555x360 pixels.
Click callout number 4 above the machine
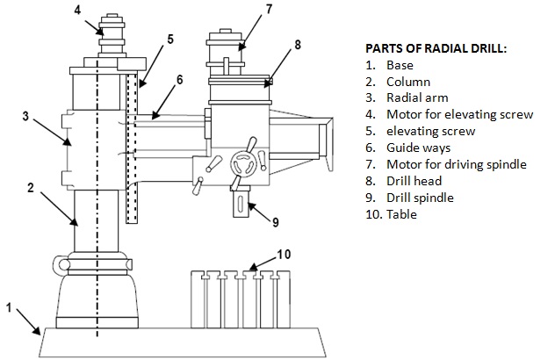[x=77, y=11]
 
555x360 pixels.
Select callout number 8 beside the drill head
[x=298, y=44]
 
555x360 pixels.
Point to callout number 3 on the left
[x=26, y=115]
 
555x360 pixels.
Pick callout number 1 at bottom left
[x=10, y=307]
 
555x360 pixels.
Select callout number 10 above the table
[x=284, y=255]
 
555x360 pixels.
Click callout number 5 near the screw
[x=169, y=39]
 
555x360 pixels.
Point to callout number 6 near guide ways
[x=179, y=79]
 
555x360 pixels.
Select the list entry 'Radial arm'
[x=414, y=97]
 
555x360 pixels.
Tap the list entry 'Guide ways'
[x=415, y=148]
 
